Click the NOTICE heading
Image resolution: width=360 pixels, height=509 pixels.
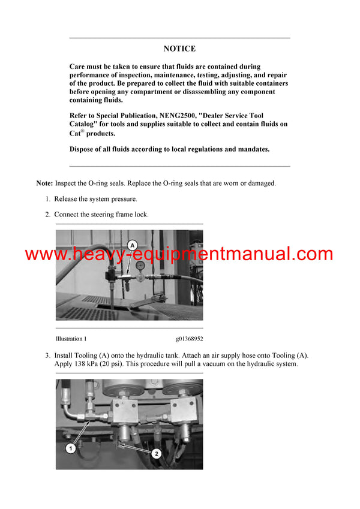coord(179,49)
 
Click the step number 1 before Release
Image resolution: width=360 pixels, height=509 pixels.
coord(48,199)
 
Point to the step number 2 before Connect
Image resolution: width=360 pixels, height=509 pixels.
coord(48,214)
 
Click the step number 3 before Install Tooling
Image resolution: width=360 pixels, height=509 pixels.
coord(48,356)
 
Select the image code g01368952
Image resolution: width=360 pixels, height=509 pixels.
coord(190,339)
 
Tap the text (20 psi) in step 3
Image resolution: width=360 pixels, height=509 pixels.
coord(122,364)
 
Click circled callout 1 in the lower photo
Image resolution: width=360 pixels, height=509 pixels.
coord(71,448)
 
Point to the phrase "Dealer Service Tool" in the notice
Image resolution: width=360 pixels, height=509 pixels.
coord(229,115)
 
